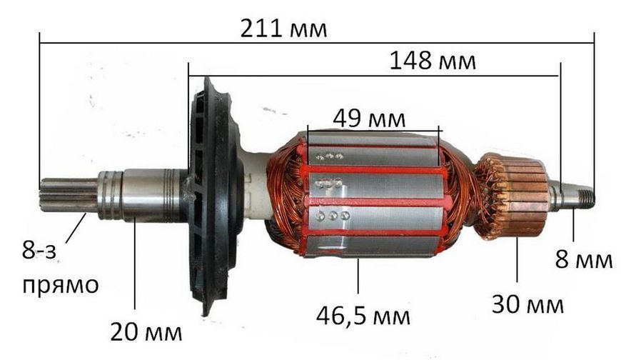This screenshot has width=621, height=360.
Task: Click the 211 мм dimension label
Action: tap(283, 29)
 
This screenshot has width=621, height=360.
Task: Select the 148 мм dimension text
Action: tap(433, 61)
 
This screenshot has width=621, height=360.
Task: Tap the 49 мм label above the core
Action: tap(369, 119)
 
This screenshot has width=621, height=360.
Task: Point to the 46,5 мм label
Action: tap(363, 316)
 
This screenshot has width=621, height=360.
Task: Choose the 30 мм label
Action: tap(527, 304)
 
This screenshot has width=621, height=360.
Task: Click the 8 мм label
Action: tap(584, 260)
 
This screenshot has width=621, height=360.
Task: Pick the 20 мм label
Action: tap(146, 332)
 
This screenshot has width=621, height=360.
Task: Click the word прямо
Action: tap(60, 286)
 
